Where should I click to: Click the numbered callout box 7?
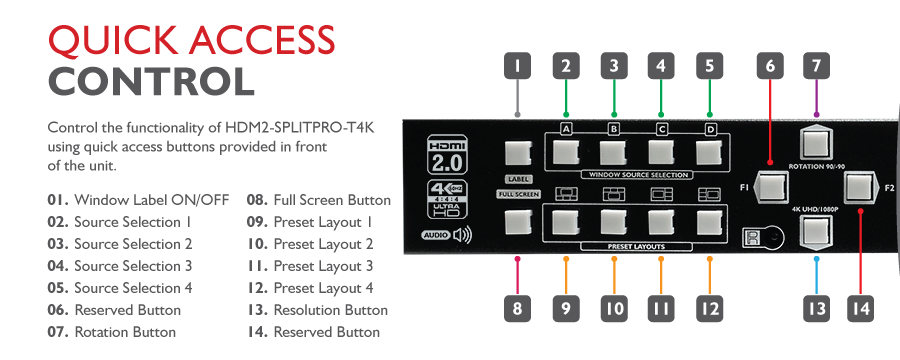(816, 66)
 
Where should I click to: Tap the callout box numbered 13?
(816, 309)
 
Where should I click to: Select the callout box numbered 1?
(517, 66)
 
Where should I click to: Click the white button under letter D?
(710, 152)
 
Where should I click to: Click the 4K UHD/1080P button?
(816, 230)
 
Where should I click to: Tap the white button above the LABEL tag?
(518, 153)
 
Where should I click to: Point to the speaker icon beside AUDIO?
(461, 235)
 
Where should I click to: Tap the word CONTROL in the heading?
(151, 82)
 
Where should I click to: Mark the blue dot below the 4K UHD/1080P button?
(816, 259)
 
